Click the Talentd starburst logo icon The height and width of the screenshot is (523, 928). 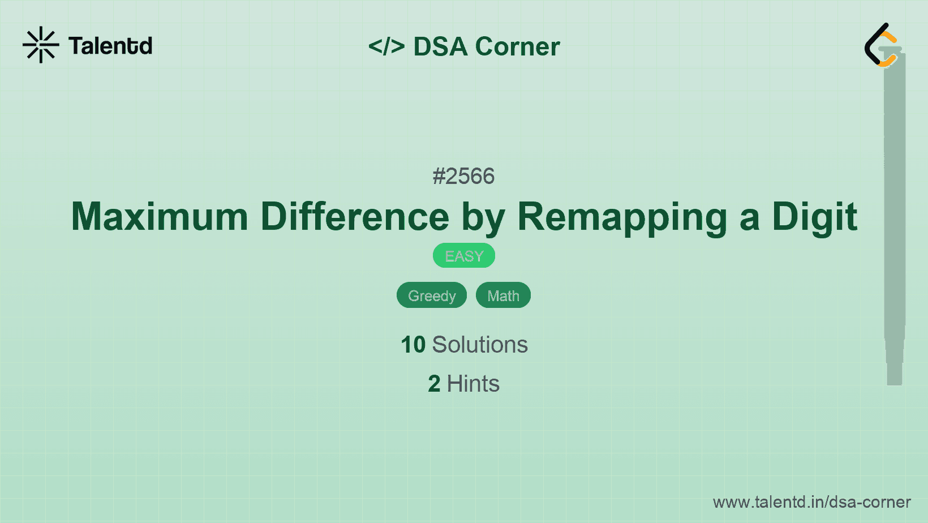[x=41, y=45]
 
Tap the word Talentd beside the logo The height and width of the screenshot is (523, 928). [x=110, y=46]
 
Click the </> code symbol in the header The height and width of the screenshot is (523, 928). [x=386, y=46]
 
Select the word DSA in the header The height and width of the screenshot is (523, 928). [x=440, y=46]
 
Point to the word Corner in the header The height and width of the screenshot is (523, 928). [x=517, y=46]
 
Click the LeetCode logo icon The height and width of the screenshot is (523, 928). [x=882, y=45]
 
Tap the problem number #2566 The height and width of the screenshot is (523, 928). [x=463, y=177]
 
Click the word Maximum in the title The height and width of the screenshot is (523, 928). [x=160, y=217]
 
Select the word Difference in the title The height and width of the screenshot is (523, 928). [x=355, y=217]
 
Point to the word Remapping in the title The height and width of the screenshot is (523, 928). [x=622, y=217]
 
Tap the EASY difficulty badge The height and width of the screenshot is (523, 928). [x=464, y=256]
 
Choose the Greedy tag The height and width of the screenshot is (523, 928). [x=432, y=295]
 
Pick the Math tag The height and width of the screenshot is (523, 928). [x=503, y=295]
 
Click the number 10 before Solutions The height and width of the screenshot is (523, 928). [x=413, y=345]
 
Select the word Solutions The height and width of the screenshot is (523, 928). [x=480, y=345]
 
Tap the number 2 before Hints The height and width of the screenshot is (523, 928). [x=434, y=384]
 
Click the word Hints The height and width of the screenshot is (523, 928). [x=473, y=384]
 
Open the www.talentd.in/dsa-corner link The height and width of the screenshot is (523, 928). [x=811, y=502]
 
